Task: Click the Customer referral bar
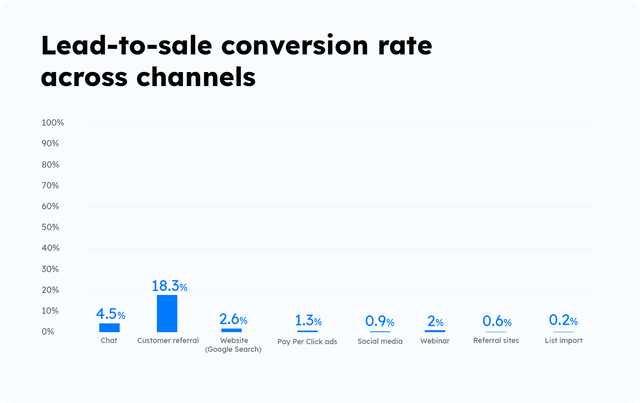(x=167, y=313)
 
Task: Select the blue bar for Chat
(x=109, y=327)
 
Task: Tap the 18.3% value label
(x=169, y=286)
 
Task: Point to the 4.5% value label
(x=110, y=314)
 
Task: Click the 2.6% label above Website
(x=233, y=319)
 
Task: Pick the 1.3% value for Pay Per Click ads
(x=308, y=321)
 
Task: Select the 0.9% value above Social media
(x=379, y=321)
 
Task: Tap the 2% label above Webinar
(x=435, y=321)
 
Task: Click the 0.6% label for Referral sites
(x=497, y=321)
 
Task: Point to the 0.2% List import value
(x=563, y=320)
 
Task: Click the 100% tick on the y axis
(x=53, y=123)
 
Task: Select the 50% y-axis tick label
(x=50, y=227)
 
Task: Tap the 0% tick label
(x=48, y=332)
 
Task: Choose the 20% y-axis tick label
(x=50, y=290)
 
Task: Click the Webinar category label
(x=435, y=341)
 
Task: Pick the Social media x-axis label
(x=380, y=341)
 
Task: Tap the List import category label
(x=564, y=341)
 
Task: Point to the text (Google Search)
(x=233, y=349)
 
